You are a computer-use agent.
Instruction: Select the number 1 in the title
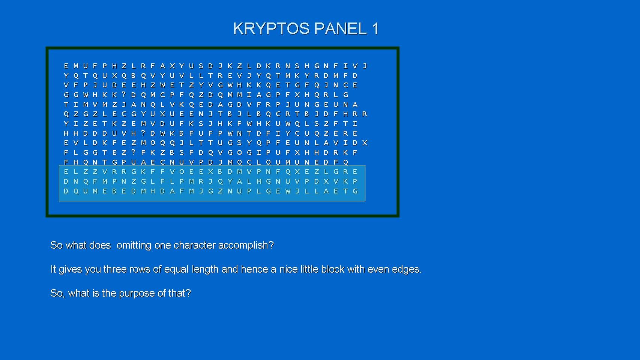point(375,29)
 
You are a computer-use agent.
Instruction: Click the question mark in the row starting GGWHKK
point(124,94)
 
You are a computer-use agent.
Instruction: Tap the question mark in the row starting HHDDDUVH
point(143,133)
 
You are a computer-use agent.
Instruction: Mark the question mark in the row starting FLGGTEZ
point(134,152)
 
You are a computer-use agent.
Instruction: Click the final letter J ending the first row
point(365,66)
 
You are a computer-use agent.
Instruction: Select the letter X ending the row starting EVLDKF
point(365,143)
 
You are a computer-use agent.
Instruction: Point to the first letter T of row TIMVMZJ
point(66,104)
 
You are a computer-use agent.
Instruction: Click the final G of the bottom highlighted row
point(355,191)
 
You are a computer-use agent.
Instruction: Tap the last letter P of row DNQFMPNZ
point(355,181)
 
